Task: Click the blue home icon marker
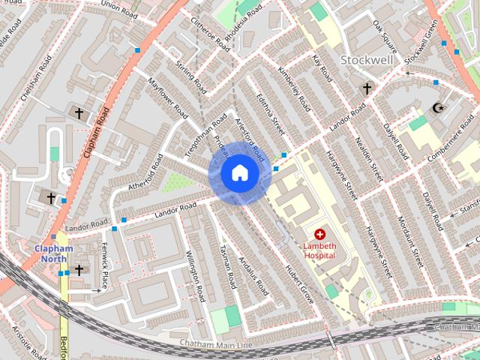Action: [x=239, y=173]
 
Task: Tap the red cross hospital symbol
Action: [x=320, y=235]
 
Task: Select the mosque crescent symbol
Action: [x=437, y=109]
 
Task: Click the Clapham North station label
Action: [x=52, y=254]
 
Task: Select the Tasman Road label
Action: [x=228, y=269]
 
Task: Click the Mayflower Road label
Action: [x=167, y=97]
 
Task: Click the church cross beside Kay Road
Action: [x=366, y=89]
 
